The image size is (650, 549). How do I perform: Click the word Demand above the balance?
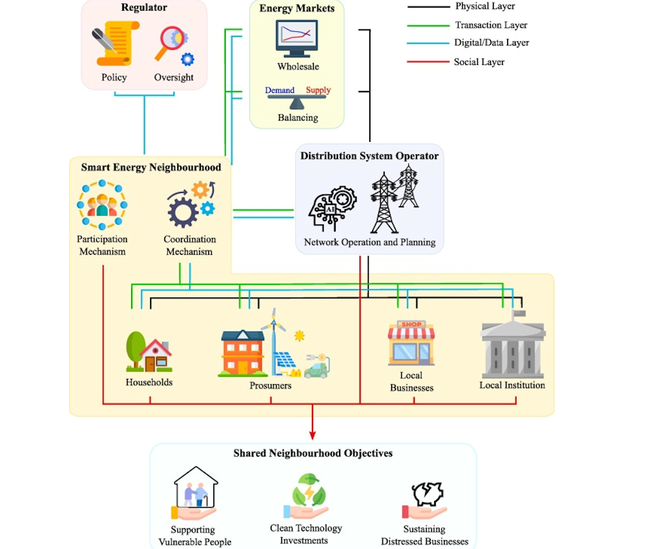279,90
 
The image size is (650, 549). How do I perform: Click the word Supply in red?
318,90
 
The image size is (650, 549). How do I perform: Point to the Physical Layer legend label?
485,7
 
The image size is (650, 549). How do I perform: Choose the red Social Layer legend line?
428,61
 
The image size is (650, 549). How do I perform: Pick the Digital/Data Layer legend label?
491,43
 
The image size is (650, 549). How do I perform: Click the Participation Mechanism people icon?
102,205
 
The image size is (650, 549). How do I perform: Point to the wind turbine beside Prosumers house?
274,337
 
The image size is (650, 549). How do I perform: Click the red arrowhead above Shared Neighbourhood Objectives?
313,436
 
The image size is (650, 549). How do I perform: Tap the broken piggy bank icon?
427,495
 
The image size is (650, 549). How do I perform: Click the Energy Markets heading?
297,8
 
